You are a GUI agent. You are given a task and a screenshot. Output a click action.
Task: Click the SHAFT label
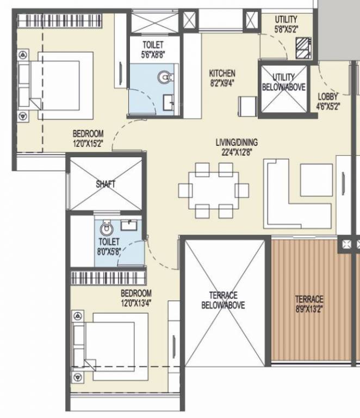click(x=105, y=184)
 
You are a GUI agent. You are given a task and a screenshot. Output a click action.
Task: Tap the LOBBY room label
click(x=328, y=97)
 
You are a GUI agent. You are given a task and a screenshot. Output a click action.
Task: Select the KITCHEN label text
click(x=222, y=73)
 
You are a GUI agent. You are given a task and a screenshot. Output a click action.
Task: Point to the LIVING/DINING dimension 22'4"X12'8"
click(x=236, y=152)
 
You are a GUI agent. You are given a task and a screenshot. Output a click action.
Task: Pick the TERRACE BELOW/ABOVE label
click(x=223, y=300)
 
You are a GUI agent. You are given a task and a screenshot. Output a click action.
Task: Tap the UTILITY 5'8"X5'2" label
click(x=285, y=29)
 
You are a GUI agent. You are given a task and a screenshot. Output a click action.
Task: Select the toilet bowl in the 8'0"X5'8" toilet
click(x=106, y=229)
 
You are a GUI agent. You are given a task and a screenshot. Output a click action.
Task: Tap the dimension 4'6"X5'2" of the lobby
click(x=328, y=107)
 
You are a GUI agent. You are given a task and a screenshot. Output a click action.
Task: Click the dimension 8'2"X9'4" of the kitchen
click(x=222, y=83)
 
